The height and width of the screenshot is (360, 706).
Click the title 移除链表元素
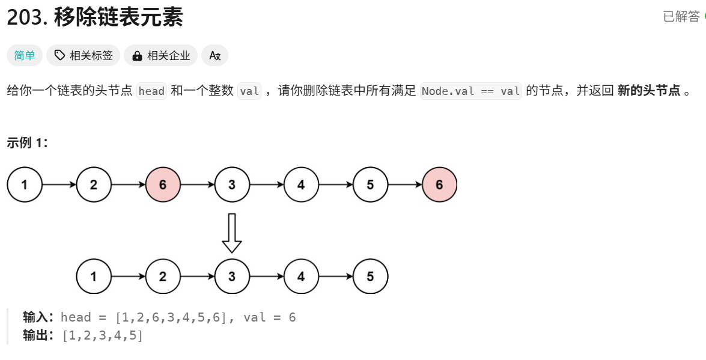coord(118,17)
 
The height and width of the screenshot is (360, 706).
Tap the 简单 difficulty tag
coord(25,56)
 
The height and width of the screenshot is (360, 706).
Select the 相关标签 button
coord(84,56)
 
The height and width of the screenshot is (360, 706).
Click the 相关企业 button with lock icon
coord(160,56)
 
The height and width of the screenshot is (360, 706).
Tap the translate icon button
coord(215,56)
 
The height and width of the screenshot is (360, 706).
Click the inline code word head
coord(151,91)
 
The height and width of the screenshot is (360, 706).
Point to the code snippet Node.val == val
coord(471,91)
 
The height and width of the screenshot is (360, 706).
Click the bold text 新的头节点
coord(649,91)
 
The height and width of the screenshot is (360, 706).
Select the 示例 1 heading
coord(27,142)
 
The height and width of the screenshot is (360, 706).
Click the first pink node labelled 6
coord(163,185)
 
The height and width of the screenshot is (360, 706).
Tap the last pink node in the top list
coord(439,185)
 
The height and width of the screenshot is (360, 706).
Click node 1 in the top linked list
coord(25,185)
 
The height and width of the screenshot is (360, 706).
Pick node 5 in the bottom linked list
coord(370,276)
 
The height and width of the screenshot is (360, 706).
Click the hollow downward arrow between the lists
coord(232,233)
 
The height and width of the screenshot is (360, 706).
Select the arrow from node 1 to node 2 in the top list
coord(59,185)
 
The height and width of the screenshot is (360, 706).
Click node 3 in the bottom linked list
coord(232,276)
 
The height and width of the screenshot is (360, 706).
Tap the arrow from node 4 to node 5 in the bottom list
coord(335,276)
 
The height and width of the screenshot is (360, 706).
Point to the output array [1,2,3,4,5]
coord(103,335)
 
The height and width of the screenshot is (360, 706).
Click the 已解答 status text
coord(681,17)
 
